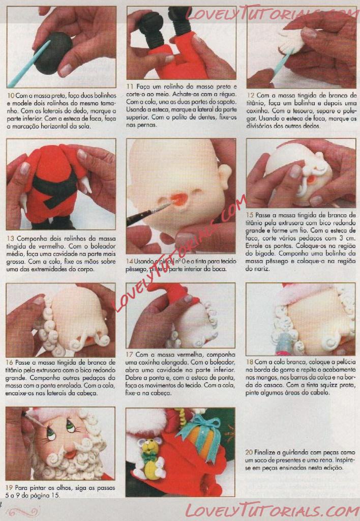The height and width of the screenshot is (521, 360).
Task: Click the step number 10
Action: (x=10, y=96)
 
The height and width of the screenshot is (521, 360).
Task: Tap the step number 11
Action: (x=130, y=86)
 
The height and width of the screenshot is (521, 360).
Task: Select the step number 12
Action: (x=250, y=96)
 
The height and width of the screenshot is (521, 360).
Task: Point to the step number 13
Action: (x=10, y=239)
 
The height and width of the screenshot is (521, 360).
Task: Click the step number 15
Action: (x=250, y=215)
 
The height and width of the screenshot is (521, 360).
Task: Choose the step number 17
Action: (x=129, y=355)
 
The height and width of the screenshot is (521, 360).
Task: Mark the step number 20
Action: (x=249, y=452)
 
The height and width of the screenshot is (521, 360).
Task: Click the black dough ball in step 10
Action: (x=53, y=53)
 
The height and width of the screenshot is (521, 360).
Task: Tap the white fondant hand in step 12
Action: (x=291, y=42)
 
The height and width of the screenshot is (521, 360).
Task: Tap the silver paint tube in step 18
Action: (x=283, y=344)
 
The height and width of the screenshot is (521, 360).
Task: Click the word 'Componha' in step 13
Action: (x=30, y=239)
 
